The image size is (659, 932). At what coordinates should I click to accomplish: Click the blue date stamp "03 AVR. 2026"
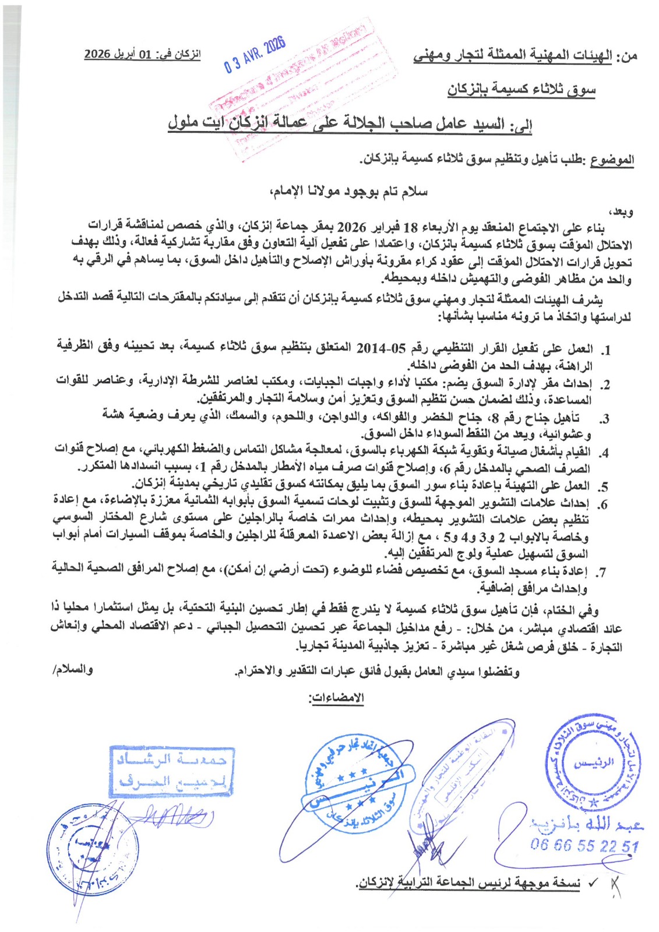(x=255, y=55)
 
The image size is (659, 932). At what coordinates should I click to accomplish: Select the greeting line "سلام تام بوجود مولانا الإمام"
(x=348, y=192)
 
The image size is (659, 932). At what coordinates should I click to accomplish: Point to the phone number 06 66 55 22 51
(x=584, y=845)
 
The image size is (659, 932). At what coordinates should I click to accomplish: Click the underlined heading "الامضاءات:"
(x=336, y=697)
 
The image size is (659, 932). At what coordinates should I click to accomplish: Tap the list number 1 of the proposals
(x=606, y=351)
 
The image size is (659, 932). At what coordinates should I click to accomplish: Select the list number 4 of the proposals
(x=605, y=453)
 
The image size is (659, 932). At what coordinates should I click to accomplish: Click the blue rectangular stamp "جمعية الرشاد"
(x=172, y=771)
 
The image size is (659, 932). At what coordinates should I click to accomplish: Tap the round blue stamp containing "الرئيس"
(x=594, y=764)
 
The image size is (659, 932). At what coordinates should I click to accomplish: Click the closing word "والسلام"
(x=73, y=670)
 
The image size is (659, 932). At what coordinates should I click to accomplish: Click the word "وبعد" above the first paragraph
(x=621, y=212)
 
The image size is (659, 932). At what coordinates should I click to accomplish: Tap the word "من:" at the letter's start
(x=627, y=56)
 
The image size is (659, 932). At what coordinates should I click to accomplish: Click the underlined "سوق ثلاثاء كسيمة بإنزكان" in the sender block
(x=521, y=89)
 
